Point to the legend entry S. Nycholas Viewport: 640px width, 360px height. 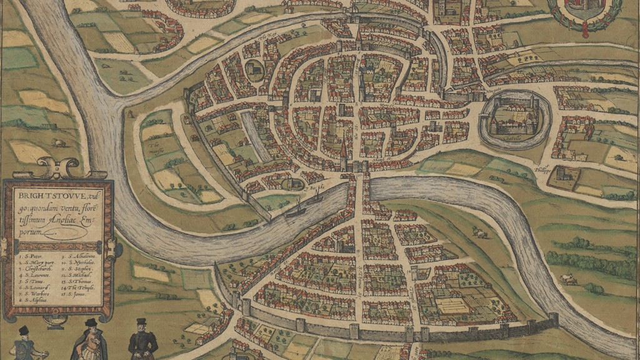[x=81, y=262]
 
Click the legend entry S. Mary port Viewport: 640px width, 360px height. [x=36, y=263]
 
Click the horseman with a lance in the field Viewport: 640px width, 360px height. [x=568, y=279]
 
